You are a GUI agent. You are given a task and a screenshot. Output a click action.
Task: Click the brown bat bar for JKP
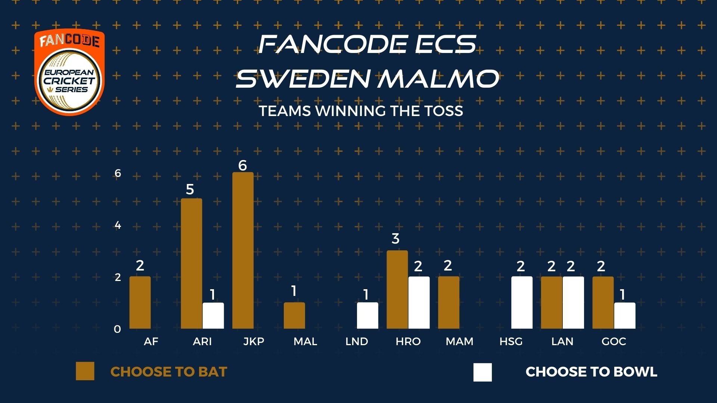click(243, 250)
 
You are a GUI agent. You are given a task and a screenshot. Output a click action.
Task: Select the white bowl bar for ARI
click(213, 316)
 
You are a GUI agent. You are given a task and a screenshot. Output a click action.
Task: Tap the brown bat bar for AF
click(140, 303)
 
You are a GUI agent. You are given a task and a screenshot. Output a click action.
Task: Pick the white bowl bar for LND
click(367, 316)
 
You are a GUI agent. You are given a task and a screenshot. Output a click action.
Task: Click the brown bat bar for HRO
click(397, 290)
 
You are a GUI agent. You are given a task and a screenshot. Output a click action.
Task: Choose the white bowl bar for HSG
click(522, 303)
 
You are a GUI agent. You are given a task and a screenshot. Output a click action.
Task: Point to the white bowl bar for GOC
click(625, 316)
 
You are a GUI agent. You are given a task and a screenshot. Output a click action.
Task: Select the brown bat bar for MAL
click(294, 316)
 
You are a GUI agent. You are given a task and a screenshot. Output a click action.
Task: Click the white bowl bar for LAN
click(573, 303)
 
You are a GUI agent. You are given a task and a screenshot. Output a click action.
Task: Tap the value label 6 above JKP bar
click(243, 165)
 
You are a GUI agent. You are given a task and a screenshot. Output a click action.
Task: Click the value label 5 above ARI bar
click(190, 190)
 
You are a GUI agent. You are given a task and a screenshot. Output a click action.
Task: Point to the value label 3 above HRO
click(396, 238)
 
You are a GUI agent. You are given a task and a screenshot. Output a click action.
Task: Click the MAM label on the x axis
click(459, 341)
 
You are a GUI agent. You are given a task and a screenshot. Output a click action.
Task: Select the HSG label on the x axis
click(511, 341)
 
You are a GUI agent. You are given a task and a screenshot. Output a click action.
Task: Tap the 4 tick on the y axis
click(118, 225)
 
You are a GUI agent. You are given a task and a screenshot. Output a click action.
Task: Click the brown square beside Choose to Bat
click(85, 371)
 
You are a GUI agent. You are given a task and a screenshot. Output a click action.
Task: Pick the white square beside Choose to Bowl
click(482, 372)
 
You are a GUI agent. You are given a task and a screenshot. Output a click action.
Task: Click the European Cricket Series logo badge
click(69, 72)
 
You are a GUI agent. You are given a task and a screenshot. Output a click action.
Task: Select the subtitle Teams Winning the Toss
click(361, 111)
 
